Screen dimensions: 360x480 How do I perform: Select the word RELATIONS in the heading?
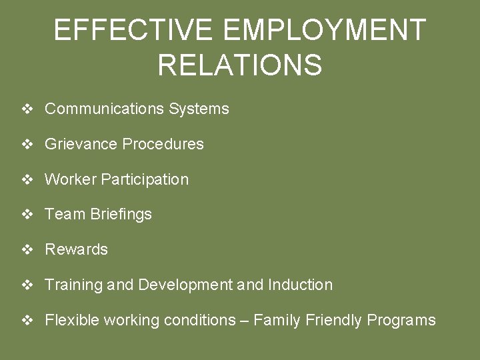240,65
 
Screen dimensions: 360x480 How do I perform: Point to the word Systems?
199,109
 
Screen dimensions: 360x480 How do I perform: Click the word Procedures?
163,144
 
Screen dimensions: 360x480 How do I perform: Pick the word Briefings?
121,214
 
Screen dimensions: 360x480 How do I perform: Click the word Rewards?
76,249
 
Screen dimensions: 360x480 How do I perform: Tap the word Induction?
300,285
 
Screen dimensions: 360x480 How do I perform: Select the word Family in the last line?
276,320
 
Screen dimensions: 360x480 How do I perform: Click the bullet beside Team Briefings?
28,214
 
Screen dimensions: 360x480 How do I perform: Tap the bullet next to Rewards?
28,249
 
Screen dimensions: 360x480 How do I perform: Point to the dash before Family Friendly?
245,320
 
